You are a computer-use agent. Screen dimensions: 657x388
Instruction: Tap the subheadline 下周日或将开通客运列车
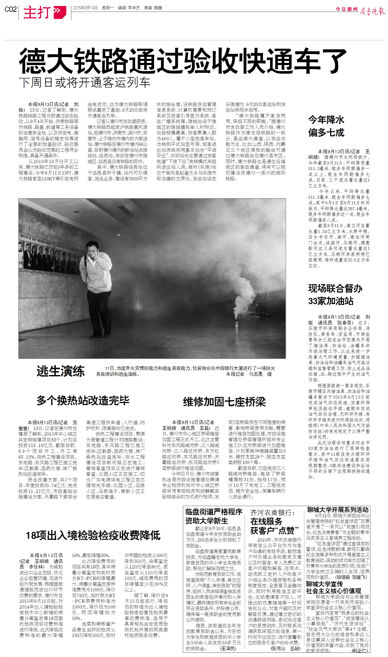pos(84,83)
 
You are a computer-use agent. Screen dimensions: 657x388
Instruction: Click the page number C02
pos(11,9)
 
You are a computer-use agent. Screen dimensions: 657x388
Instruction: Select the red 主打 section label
pos(37,12)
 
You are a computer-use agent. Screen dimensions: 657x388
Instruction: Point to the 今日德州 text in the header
pos(346,9)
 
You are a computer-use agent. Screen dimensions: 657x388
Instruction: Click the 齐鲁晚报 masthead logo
pos(373,11)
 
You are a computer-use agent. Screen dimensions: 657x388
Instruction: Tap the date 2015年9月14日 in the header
pos(85,8)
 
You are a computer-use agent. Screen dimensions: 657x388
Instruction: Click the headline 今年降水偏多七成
pos(326,126)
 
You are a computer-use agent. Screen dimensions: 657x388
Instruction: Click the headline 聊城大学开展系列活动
pos(338,510)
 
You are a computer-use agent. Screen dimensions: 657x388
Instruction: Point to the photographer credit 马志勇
pos(255,374)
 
